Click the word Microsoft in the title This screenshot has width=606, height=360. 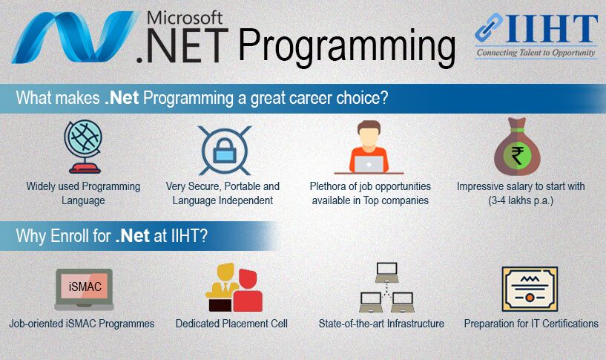click(185, 18)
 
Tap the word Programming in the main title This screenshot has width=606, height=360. click(346, 48)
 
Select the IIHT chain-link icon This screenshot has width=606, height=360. click(489, 27)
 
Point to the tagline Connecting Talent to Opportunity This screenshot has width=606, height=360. click(536, 53)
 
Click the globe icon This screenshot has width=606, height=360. click(83, 146)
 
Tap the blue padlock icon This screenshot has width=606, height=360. click(225, 151)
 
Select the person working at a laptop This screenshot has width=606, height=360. click(369, 147)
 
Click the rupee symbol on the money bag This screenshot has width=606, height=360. click(517, 156)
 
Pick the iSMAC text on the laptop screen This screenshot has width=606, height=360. click(85, 287)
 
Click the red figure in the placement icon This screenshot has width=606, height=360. click(248, 290)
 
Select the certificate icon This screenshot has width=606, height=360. click(530, 289)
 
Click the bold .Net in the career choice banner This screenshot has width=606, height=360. click(122, 98)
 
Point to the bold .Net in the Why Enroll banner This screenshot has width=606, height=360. click(133, 235)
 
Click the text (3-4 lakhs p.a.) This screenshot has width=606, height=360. click(521, 200)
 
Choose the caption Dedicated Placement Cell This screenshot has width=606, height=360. click(231, 324)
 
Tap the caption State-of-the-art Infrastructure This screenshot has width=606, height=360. click(381, 324)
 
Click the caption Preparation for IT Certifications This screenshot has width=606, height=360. click(531, 324)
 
